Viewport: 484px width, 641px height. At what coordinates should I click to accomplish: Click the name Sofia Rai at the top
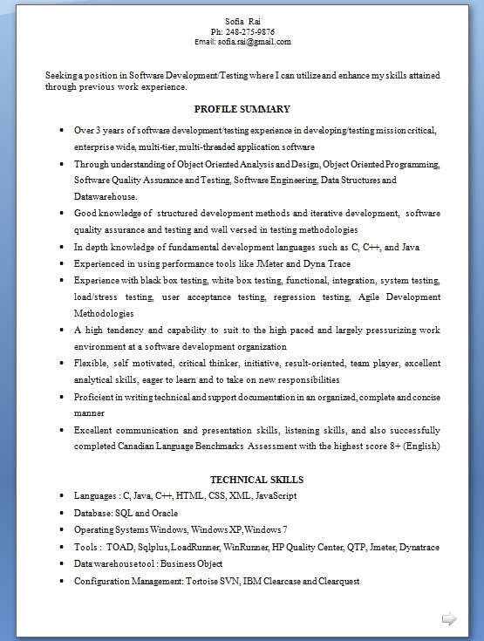(x=242, y=20)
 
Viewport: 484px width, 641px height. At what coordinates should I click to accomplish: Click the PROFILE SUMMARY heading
(x=242, y=109)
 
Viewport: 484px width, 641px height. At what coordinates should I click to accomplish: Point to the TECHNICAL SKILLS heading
(x=256, y=480)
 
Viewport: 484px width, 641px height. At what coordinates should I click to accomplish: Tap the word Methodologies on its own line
(x=104, y=313)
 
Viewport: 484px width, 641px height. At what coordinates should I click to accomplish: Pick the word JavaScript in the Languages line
(x=276, y=495)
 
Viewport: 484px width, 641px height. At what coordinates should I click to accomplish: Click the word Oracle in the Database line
(x=164, y=513)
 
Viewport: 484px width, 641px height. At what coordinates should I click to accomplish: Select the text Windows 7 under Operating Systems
(x=266, y=529)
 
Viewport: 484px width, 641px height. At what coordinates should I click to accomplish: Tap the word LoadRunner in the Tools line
(x=194, y=547)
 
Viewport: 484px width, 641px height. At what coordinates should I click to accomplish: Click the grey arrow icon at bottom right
(x=449, y=619)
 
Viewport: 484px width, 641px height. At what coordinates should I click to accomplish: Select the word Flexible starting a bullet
(x=92, y=364)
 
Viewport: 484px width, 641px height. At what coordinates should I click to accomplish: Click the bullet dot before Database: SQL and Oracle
(x=61, y=513)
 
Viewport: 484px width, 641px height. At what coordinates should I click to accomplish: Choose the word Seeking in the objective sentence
(x=60, y=76)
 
